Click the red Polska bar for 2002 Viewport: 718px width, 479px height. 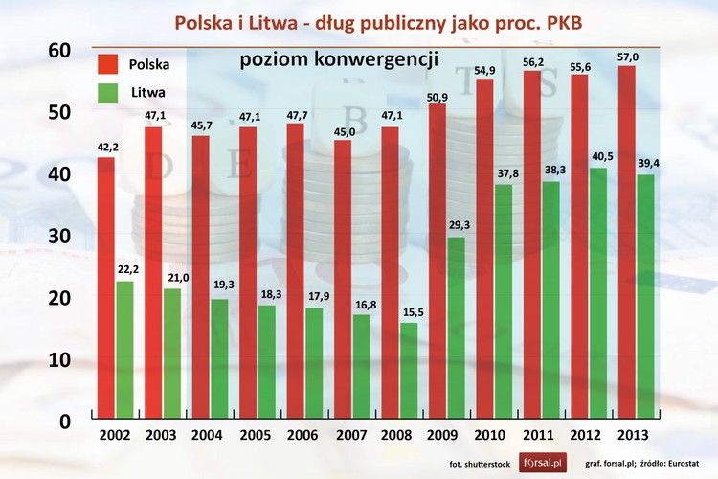pyautogui.click(x=105, y=287)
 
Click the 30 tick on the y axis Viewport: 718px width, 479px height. pyautogui.click(x=60, y=236)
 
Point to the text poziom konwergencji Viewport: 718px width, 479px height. pyautogui.click(x=339, y=59)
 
